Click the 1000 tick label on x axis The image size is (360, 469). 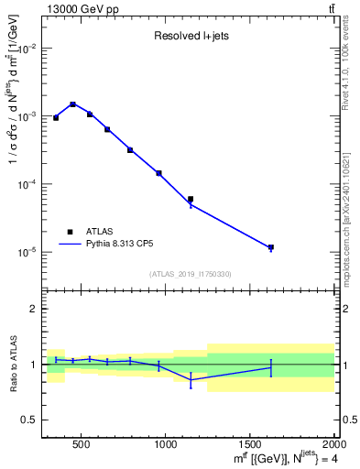coord(165,444)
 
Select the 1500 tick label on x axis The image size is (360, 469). coord(249,444)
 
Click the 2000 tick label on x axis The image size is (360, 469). coord(332,444)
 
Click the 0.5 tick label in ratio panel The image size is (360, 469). coord(29,420)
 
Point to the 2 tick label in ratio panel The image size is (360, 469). coord(34,310)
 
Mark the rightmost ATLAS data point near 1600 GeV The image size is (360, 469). coord(271,247)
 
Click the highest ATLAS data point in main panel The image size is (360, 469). coord(72,104)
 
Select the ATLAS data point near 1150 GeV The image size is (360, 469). coord(191,199)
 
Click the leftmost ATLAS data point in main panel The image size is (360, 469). coord(56,117)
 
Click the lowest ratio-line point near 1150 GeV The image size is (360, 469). coord(191,379)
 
